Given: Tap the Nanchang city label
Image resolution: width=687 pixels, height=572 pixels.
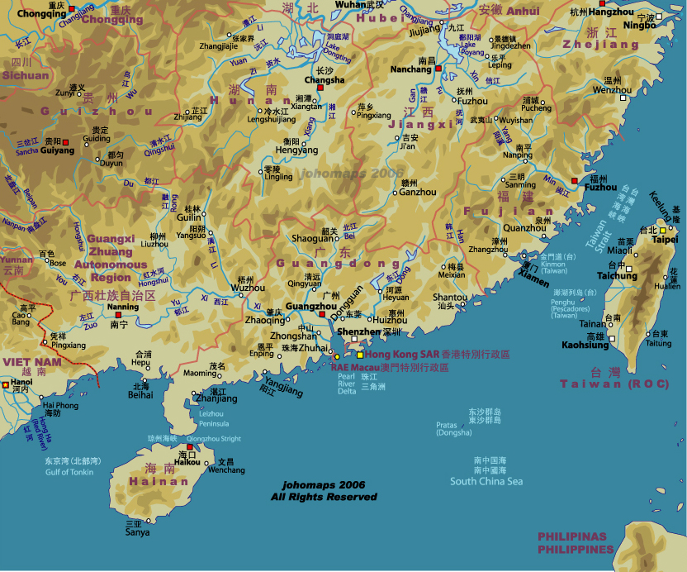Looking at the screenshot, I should (410, 69).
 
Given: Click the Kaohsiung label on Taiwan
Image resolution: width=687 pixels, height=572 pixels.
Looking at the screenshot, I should (585, 345).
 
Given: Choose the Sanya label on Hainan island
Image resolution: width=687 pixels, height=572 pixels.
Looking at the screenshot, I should (137, 532).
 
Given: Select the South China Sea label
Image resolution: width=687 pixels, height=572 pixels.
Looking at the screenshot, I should (486, 481).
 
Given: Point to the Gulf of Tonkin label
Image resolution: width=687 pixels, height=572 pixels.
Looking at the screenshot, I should (69, 472).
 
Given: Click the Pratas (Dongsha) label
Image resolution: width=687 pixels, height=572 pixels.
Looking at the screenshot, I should (454, 428).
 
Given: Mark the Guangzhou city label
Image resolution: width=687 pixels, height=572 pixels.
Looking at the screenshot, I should (303, 307).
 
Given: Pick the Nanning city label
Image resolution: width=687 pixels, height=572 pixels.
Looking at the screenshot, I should (123, 307).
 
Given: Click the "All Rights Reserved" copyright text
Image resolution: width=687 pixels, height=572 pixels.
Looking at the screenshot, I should (324, 497).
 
